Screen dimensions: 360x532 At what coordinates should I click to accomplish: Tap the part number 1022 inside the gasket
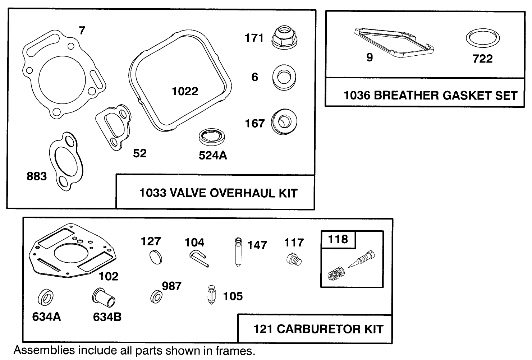[x=185, y=91]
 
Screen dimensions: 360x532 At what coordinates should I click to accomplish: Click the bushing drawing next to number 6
[x=284, y=77]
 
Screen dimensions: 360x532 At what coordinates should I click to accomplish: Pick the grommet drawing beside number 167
[x=284, y=122]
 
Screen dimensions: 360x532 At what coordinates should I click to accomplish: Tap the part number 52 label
[x=140, y=153]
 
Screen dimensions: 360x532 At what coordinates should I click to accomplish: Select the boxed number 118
[x=338, y=239]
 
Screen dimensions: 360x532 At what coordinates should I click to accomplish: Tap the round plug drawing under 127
[x=155, y=258]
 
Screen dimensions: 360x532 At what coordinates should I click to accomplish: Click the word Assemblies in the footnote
[x=39, y=350]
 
